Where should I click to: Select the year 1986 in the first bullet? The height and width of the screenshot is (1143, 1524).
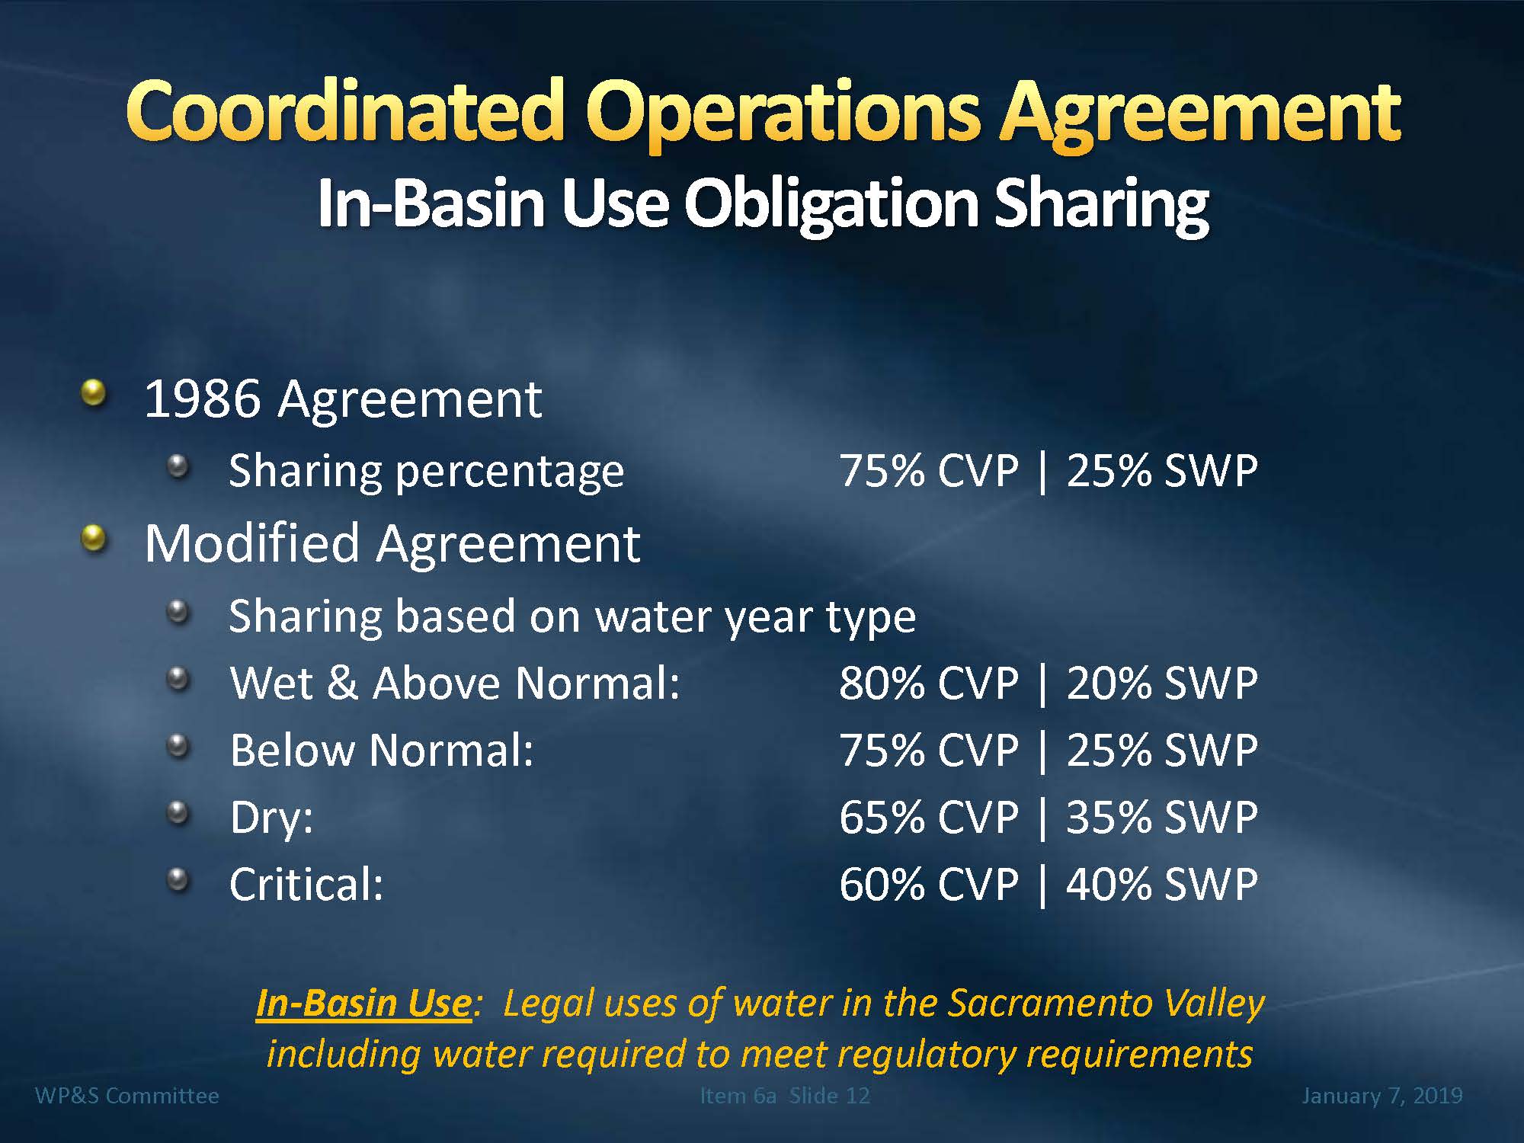point(202,399)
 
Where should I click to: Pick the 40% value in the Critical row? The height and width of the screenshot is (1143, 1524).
point(1109,885)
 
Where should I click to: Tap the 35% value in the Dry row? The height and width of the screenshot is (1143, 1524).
point(1109,818)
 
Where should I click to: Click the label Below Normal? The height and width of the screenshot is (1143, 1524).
point(382,751)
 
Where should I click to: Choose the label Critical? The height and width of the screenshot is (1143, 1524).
point(306,885)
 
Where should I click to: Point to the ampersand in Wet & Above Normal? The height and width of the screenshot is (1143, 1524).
point(342,683)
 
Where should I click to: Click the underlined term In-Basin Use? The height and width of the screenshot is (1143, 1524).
point(364,1003)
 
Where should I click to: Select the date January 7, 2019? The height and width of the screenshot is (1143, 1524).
point(1382,1096)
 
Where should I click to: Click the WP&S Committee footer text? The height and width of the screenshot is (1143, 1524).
point(127,1096)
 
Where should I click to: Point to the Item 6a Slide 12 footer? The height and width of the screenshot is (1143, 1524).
point(785,1096)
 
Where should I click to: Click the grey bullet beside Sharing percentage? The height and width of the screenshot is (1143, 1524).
point(178,466)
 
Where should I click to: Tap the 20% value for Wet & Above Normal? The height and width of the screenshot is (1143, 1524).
point(1109,683)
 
